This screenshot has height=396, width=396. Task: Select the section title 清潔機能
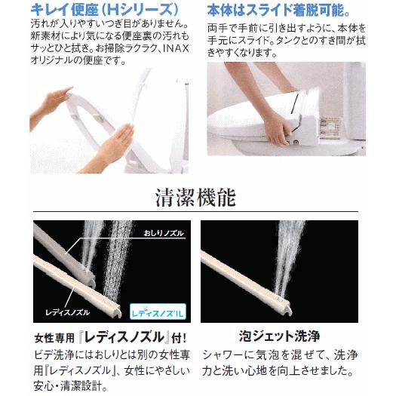(x=197, y=198)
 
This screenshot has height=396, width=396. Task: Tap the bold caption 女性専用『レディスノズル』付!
(x=106, y=336)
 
